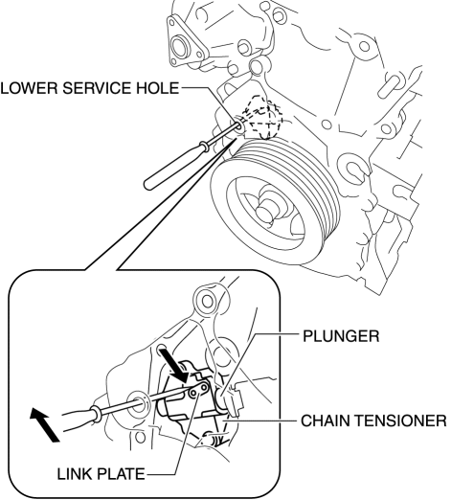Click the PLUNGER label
(341, 336)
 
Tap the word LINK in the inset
(75, 474)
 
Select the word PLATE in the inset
(121, 474)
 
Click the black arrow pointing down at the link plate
(175, 366)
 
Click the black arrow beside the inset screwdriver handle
(44, 425)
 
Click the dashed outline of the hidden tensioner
(263, 118)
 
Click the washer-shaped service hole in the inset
(138, 403)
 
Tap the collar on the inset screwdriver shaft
(96, 413)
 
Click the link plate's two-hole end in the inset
(199, 390)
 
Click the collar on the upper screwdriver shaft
(204, 147)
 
